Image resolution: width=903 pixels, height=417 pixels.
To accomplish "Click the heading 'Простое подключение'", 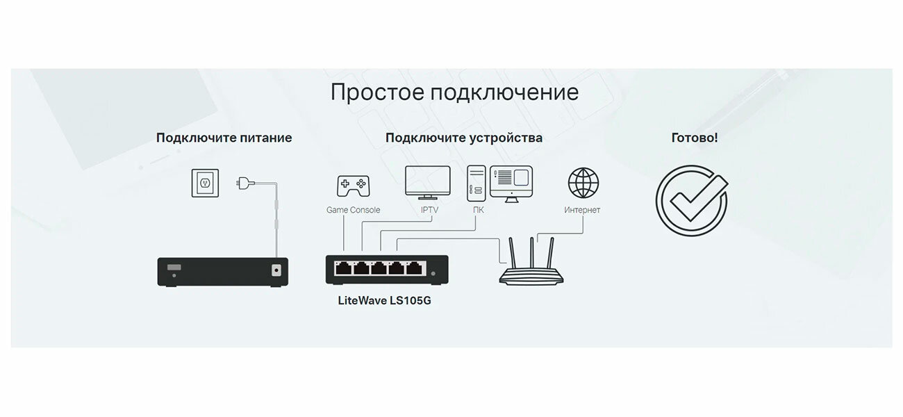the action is (454, 92).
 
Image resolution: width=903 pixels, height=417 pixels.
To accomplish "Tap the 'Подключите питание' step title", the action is (224, 138).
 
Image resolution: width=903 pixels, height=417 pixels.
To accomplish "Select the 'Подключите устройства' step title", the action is (464, 138).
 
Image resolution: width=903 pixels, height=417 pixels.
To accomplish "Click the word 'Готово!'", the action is (695, 138).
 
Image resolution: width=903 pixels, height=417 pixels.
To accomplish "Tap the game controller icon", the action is (353, 186).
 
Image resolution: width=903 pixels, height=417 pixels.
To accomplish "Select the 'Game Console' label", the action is (353, 210).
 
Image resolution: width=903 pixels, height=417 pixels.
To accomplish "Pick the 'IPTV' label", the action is (430, 210).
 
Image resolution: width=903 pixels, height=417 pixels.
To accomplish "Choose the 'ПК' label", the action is (478, 210).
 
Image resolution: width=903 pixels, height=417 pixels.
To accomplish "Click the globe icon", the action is (583, 183).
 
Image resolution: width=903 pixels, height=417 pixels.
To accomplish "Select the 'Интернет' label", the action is (582, 210).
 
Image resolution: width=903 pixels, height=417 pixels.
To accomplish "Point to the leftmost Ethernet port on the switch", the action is (343, 268).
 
